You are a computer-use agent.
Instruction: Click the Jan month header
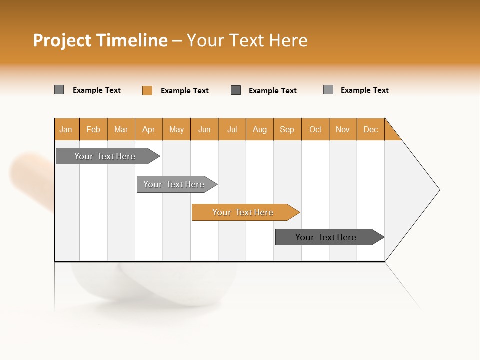tap(66, 129)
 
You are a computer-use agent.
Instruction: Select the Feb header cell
tap(93, 129)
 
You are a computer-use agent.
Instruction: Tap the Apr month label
tap(149, 129)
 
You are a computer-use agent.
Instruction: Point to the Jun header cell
tap(204, 129)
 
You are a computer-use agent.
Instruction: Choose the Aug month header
tap(260, 129)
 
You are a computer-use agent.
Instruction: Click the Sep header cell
tap(287, 129)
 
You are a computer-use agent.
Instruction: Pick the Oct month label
tap(315, 129)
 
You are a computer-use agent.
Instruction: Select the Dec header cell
tap(371, 129)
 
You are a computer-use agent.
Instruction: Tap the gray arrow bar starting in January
tap(105, 156)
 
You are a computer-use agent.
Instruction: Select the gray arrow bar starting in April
tap(174, 184)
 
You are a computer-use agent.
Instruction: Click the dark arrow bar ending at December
tap(326, 237)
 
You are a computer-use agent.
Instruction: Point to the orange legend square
tap(147, 90)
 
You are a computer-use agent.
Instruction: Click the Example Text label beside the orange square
tap(185, 91)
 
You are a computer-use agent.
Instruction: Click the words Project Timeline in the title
tap(100, 40)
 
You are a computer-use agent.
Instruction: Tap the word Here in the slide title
tap(288, 40)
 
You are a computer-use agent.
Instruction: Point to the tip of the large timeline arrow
tap(439, 189)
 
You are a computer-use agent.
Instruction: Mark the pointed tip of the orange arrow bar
tap(298, 212)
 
